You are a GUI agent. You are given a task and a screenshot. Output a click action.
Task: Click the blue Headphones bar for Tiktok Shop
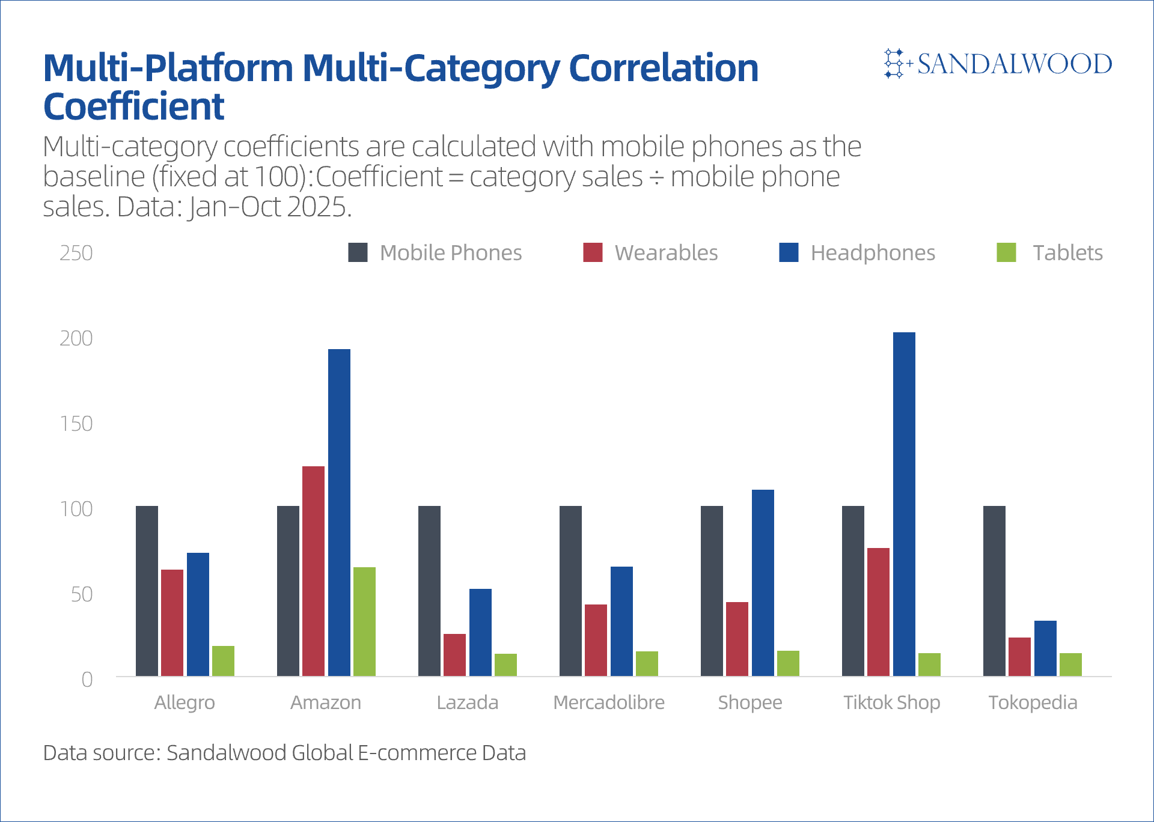tap(904, 504)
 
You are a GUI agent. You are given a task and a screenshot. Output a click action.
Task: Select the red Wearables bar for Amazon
tap(313, 571)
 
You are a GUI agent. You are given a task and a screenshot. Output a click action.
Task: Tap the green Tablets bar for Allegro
tap(223, 661)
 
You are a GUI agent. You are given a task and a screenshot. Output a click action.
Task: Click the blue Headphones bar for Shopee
tap(763, 583)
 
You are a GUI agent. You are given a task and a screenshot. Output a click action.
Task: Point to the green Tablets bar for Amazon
tap(364, 621)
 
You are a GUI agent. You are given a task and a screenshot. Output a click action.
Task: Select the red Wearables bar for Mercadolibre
tap(596, 640)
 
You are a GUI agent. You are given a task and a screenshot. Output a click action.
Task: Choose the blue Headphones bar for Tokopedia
tap(1045, 648)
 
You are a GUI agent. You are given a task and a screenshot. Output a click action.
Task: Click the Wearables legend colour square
tap(593, 252)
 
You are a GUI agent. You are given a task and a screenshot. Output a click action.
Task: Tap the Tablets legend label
tap(1067, 253)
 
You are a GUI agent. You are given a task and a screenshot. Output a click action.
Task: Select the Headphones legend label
tap(873, 253)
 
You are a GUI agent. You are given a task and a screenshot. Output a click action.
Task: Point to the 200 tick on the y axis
tap(76, 338)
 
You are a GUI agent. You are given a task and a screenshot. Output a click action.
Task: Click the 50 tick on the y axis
tap(82, 594)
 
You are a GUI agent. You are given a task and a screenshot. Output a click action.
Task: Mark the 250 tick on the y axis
tap(76, 253)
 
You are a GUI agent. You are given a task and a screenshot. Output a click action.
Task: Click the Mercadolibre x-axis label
tap(609, 702)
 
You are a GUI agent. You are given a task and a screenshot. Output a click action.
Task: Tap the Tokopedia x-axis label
tap(1033, 702)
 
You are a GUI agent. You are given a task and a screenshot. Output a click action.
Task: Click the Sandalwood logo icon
tap(894, 63)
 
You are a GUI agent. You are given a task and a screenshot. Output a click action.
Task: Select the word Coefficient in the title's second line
tap(133, 106)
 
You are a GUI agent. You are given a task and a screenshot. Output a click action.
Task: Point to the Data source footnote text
tap(284, 752)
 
